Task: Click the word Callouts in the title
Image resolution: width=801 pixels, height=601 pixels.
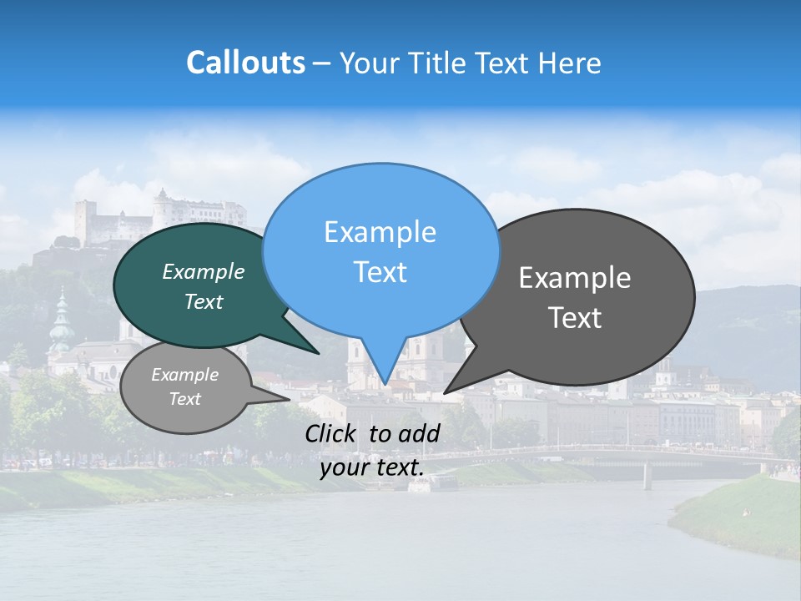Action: tap(245, 63)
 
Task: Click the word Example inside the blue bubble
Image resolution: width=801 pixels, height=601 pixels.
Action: tap(380, 232)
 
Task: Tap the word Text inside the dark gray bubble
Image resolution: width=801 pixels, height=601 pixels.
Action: tap(576, 318)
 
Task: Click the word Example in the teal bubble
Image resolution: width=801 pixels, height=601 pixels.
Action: tap(204, 272)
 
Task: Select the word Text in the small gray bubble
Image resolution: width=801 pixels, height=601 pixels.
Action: tap(185, 399)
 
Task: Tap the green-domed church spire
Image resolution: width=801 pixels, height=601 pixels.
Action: tap(61, 321)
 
